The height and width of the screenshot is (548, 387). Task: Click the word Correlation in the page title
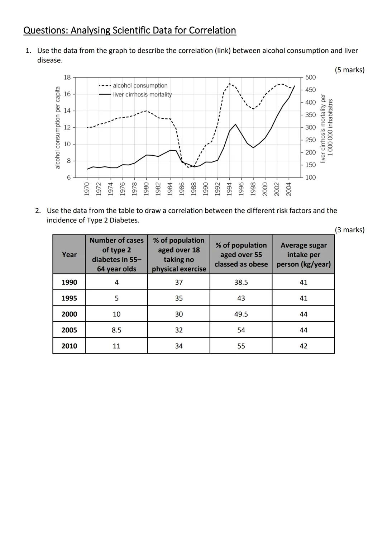pos(212,30)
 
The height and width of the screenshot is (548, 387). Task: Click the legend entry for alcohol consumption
pos(140,86)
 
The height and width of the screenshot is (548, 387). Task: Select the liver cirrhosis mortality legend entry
pos(142,95)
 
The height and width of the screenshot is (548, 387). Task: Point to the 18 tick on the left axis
pos(67,77)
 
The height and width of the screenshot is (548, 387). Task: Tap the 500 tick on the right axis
pos(311,77)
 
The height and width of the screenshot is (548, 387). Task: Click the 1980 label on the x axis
pos(146,189)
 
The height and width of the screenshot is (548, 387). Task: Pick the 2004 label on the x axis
pos(288,189)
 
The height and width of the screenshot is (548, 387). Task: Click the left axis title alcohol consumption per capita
pos(57,127)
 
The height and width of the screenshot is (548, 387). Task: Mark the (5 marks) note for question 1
pos(349,70)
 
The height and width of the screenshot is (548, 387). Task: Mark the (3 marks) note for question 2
pos(349,230)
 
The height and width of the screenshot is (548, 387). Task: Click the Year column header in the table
pos(69,255)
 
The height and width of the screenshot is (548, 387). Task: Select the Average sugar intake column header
pos(304,255)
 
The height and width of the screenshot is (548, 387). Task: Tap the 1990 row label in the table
pos(69,282)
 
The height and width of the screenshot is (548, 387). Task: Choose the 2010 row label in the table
pos(69,346)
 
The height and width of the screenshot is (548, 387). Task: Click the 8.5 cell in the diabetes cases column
pos(116,330)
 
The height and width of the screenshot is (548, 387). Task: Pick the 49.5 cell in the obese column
pos(241,314)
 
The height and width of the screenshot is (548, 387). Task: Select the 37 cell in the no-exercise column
pos(179,282)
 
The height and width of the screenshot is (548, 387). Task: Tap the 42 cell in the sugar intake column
pos(304,346)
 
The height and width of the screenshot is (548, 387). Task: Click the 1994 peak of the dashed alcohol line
pos(230,84)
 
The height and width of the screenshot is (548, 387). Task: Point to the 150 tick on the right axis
pos(311,165)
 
